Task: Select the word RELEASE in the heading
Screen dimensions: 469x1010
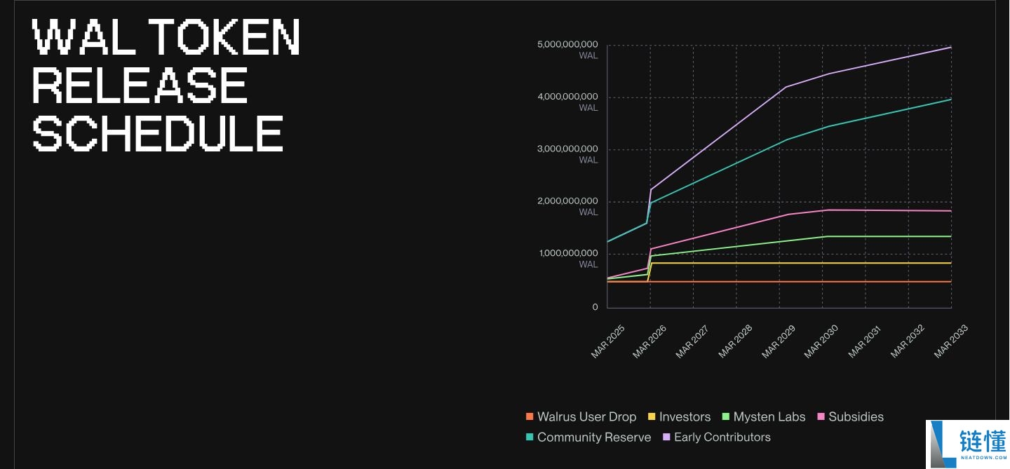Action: tap(140, 86)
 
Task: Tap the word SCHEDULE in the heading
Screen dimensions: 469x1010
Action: tap(159, 133)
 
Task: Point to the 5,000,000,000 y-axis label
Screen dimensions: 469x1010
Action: tap(567, 45)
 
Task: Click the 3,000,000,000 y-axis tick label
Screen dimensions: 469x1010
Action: tap(567, 149)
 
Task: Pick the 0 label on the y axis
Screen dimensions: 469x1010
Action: tap(595, 307)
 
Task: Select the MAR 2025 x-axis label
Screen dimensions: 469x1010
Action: tap(607, 341)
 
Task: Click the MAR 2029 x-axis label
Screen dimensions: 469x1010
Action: tap(780, 341)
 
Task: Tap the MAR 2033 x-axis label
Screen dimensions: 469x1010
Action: tap(951, 341)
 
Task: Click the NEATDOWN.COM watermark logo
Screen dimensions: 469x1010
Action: tap(968, 444)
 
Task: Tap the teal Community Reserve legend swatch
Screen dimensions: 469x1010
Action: tap(530, 437)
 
